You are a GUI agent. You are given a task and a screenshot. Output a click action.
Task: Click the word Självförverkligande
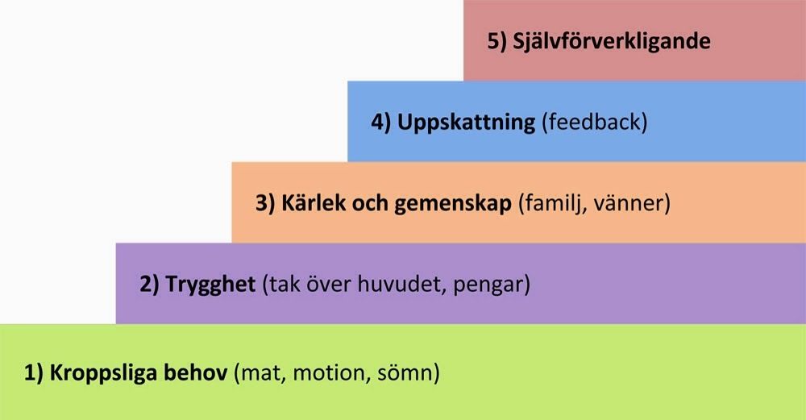pyautogui.click(x=612, y=42)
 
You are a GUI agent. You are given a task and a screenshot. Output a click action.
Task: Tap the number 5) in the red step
pyautogui.click(x=497, y=41)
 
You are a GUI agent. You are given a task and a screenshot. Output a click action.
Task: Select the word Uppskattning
pyautogui.click(x=466, y=123)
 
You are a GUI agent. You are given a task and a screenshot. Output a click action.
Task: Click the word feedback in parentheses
pyautogui.click(x=595, y=123)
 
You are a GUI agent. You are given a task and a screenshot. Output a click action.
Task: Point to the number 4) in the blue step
pyautogui.click(x=381, y=123)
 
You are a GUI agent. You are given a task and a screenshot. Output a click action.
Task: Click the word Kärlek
pyautogui.click(x=313, y=203)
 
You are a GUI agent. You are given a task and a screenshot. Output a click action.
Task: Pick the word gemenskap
pyautogui.click(x=453, y=205)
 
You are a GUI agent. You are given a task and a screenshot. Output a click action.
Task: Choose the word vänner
pyautogui.click(x=629, y=204)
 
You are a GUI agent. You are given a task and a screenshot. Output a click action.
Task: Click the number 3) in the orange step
pyautogui.click(x=266, y=203)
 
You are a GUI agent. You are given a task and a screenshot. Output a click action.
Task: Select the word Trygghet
pyautogui.click(x=210, y=285)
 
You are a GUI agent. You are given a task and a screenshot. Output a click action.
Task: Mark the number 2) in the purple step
pyautogui.click(x=150, y=285)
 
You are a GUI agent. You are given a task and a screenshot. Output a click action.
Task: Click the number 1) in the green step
pyautogui.click(x=34, y=372)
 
